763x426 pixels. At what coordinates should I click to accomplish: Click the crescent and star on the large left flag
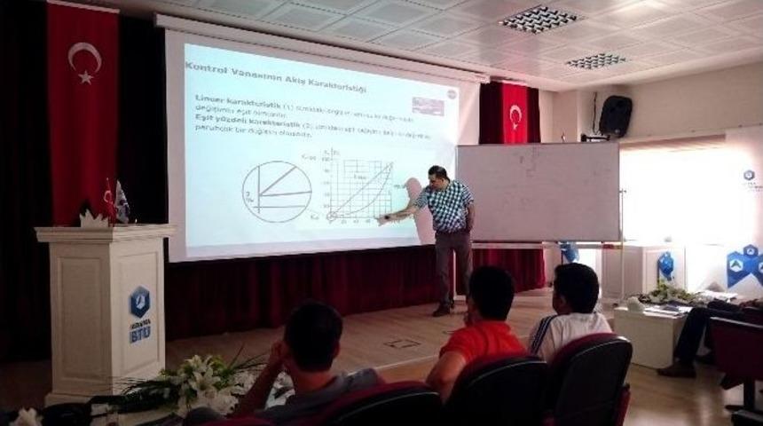point(84,60)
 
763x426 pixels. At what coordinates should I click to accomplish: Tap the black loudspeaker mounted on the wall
point(615,115)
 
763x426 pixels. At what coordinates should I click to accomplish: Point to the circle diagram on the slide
point(277,191)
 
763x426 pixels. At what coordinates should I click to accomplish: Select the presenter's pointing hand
point(383,217)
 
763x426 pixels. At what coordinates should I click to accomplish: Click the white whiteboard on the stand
point(538,192)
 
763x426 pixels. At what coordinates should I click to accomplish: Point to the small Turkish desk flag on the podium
point(109,200)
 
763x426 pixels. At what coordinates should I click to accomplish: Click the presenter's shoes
point(442,309)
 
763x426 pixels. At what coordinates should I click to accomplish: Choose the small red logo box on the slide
point(429,106)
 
